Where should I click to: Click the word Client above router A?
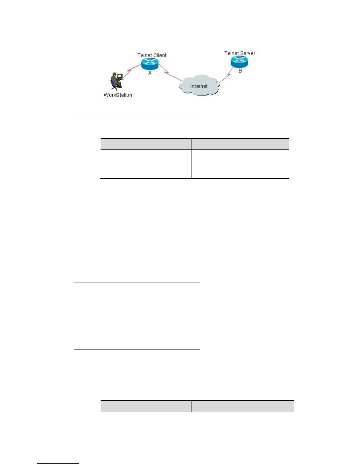pyautogui.click(x=159, y=55)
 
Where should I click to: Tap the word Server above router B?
pyautogui.click(x=248, y=53)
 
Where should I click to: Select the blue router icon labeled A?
pyautogui.click(x=150, y=64)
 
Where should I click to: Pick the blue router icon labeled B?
pyautogui.click(x=239, y=61)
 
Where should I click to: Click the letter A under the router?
pyautogui.click(x=150, y=73)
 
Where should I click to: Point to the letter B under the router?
pyautogui.click(x=240, y=71)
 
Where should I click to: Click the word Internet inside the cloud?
pyautogui.click(x=199, y=86)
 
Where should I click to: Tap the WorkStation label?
pyautogui.click(x=118, y=95)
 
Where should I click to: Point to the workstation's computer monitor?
pyautogui.click(x=120, y=76)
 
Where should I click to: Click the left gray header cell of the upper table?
pyautogui.click(x=146, y=144)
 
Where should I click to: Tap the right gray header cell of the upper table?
pyautogui.click(x=240, y=144)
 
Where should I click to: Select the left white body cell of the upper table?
pyautogui.click(x=146, y=164)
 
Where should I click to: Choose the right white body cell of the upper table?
pyautogui.click(x=240, y=164)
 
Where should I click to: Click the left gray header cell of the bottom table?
pyautogui.click(x=146, y=406)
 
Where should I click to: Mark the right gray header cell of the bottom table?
pyautogui.click(x=243, y=406)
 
